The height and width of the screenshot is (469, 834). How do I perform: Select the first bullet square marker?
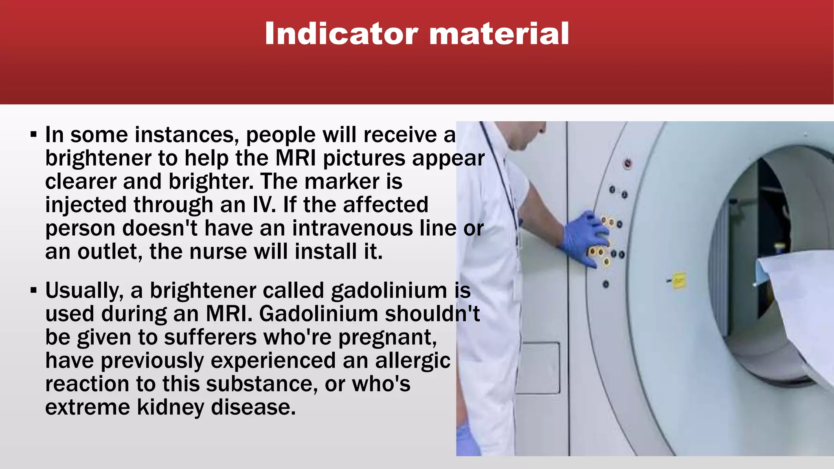pyautogui.click(x=33, y=134)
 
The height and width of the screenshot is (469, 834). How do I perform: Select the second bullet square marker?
pyautogui.click(x=33, y=291)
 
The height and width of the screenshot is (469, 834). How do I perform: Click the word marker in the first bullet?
pyautogui.click(x=342, y=182)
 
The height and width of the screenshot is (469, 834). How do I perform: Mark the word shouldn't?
pyautogui.click(x=432, y=314)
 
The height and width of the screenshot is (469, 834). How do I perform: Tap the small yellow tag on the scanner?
pyautogui.click(x=678, y=281)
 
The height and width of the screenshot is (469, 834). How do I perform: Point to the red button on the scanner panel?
pyautogui.click(x=628, y=164)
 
